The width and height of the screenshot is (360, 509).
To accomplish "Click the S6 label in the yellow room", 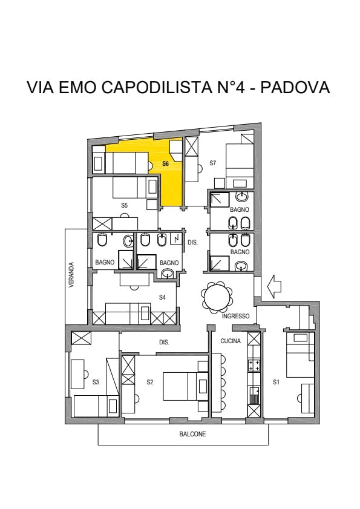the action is [x=166, y=163].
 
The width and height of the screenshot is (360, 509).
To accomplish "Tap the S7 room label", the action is [x=212, y=163].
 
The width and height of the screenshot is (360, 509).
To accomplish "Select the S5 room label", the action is [x=124, y=205].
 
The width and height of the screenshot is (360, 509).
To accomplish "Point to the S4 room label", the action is [x=162, y=297].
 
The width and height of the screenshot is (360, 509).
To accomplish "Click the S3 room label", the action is [x=96, y=382].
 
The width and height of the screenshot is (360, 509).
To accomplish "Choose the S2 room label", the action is [x=149, y=382].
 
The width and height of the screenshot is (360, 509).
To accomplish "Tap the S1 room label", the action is [x=276, y=382].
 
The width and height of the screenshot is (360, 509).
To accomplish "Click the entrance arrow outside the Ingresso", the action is [x=273, y=286].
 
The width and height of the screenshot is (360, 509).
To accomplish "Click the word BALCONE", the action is [x=192, y=434].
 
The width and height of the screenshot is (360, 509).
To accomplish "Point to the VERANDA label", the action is [x=71, y=275].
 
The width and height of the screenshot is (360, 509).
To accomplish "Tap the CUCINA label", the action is [x=231, y=341].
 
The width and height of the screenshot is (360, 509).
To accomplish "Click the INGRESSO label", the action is [x=236, y=316].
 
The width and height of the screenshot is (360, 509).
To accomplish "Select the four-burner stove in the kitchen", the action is [x=254, y=365].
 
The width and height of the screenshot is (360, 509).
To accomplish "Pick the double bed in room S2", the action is [x=181, y=386].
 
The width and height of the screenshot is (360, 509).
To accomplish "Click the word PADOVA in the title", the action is [x=295, y=87].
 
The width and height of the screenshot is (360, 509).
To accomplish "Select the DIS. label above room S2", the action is [x=164, y=342].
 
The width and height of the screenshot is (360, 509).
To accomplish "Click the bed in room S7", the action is [x=240, y=161].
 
